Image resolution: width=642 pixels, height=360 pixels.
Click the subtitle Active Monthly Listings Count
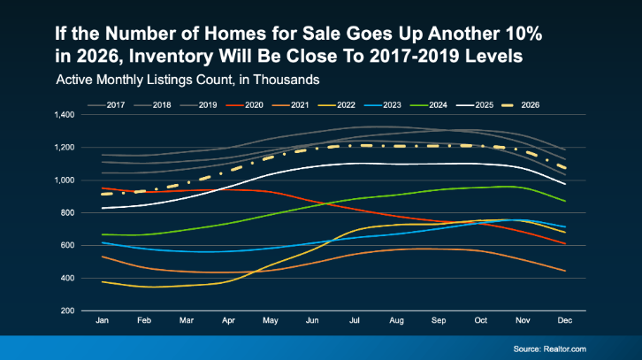coord(187,80)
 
